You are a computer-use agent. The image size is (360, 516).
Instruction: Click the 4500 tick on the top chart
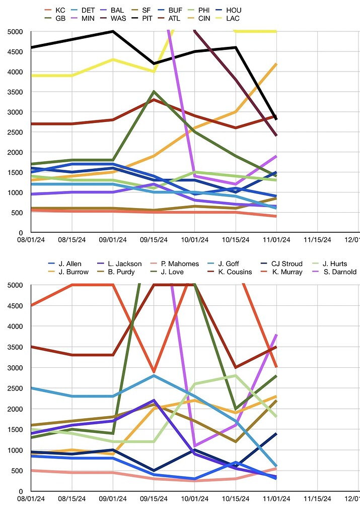(15, 51)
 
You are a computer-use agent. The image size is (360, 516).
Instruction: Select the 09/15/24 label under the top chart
(153, 240)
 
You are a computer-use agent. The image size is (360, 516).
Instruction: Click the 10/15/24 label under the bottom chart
(236, 499)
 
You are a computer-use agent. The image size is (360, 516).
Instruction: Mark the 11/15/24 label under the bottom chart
(318, 499)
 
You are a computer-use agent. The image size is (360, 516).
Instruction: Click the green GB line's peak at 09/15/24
(154, 92)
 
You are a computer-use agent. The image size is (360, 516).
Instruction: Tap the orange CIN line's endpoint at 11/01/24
(276, 63)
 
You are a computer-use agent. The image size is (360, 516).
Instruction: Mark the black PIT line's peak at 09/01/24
(113, 31)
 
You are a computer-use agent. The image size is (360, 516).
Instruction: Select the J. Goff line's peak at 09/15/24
(154, 375)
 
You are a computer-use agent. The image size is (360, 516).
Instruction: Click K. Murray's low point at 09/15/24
(154, 371)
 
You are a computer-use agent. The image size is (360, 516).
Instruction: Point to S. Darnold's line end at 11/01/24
(276, 334)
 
